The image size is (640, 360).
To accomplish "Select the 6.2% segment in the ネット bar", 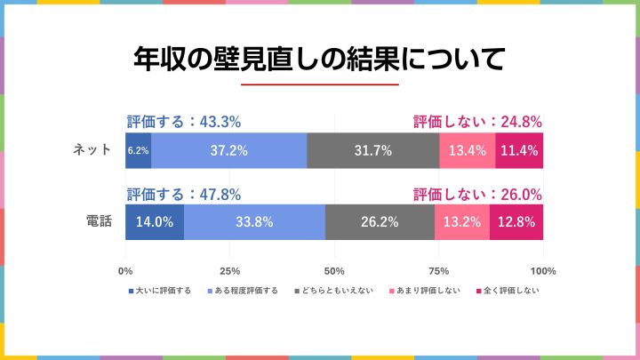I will (138, 150).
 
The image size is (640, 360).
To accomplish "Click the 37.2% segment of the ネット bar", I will (228, 150).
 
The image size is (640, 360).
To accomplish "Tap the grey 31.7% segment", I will (372, 150).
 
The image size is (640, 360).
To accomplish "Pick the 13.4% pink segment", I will (467, 150).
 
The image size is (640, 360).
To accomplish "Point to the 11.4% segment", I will (519, 150).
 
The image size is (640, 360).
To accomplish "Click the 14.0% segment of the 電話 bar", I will (155, 222).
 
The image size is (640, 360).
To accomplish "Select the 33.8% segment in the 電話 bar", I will (254, 222).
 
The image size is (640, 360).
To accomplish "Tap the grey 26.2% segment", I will (380, 222).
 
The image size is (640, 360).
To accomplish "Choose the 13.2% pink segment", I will (461, 222).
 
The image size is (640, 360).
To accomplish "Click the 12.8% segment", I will (516, 222).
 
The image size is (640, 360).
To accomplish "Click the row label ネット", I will (92, 150).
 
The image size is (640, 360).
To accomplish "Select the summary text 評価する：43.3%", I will (184, 123).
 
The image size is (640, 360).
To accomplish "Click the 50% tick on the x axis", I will (334, 271).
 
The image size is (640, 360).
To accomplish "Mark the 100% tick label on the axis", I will (542, 271).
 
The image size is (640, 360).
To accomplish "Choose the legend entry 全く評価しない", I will (511, 291).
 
